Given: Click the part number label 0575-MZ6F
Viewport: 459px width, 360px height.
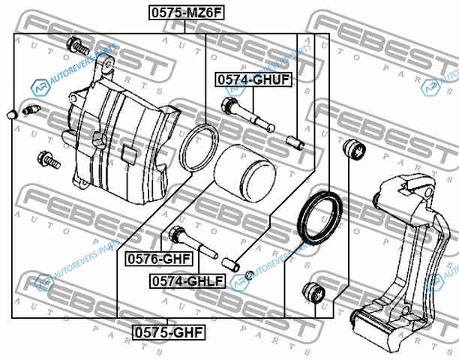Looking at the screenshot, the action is pos(187,13).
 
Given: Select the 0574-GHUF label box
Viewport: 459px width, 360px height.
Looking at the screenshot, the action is pos(253,79).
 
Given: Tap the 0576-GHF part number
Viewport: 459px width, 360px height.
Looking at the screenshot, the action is pos(159,259).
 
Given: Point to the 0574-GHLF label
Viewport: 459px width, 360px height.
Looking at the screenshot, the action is pos(187,281).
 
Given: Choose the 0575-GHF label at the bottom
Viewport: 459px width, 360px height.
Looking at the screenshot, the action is pos(168,332).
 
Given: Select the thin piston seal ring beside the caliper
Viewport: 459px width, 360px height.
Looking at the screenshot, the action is pos(199,148).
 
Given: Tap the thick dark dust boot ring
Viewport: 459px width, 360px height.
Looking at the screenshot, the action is pos(319,218).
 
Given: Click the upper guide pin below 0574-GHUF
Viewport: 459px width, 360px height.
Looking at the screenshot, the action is pos(248,115).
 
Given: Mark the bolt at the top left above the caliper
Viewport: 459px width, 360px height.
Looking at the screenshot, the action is pos(78,46).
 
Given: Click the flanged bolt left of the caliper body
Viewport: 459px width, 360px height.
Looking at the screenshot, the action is pos(49,160).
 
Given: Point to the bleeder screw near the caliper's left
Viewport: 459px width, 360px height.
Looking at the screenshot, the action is pos(31,109).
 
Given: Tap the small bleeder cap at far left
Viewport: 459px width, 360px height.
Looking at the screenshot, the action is pos(12,115).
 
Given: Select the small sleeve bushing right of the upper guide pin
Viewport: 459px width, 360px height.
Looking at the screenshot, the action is pos(295,142).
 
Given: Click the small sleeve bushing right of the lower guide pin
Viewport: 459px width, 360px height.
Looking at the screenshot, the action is pos(230,264).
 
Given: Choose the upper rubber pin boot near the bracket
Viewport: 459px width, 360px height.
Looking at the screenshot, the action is pos(355,149).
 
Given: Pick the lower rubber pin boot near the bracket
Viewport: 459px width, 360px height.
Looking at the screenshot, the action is pos(313,292).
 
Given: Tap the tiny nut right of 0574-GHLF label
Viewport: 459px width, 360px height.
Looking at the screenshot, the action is pos(249,275).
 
